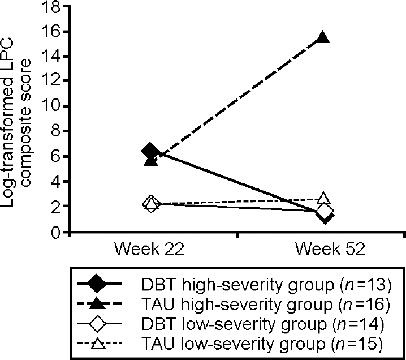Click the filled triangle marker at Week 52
(x=323, y=38)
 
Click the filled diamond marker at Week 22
(x=150, y=152)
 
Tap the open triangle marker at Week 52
(x=323, y=198)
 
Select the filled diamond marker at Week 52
(x=325, y=216)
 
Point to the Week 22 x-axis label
(x=150, y=250)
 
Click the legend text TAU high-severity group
(x=267, y=305)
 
